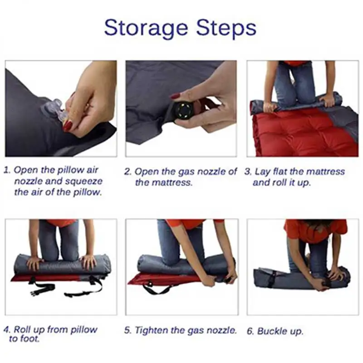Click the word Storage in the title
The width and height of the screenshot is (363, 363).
coord(146,28)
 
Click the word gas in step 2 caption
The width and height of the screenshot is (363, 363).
coord(186,172)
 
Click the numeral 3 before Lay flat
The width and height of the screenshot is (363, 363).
coord(247,172)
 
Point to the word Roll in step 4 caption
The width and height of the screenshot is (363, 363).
coord(22,329)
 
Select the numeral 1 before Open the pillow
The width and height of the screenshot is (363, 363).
coord(6,171)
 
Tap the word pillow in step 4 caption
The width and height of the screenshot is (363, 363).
coord(84,330)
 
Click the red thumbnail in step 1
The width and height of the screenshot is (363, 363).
coord(68,126)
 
